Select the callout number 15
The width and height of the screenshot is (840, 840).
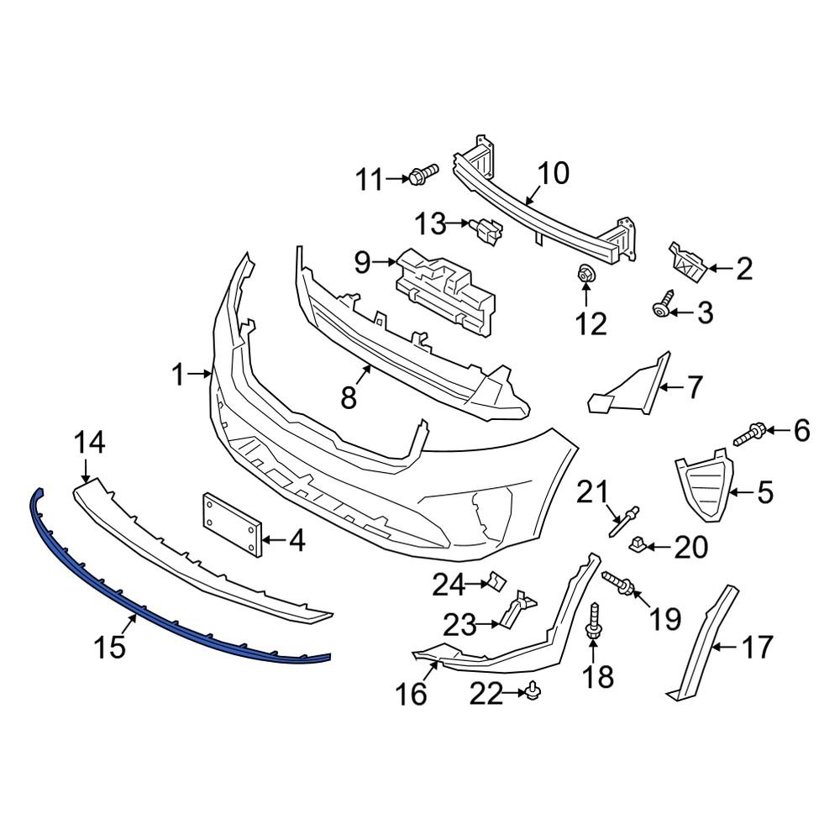[110, 647]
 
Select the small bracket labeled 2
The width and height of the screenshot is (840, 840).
[686, 261]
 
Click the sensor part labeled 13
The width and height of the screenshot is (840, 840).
[487, 227]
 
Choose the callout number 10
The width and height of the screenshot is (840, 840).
[553, 174]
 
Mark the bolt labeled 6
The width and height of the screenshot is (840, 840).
[750, 435]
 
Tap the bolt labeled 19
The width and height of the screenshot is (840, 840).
[619, 582]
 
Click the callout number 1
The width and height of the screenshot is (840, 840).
[178, 375]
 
